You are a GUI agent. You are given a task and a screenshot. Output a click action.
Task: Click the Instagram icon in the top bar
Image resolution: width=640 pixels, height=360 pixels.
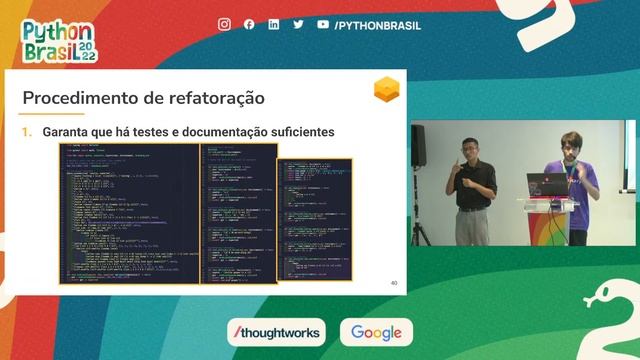coord(224,24)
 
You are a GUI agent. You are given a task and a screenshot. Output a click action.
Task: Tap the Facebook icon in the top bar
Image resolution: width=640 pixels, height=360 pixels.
coord(249,24)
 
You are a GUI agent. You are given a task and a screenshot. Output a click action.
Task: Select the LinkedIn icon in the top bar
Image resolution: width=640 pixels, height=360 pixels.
coord(274,24)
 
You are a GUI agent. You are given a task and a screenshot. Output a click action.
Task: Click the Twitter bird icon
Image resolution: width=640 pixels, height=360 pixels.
coord(298,24)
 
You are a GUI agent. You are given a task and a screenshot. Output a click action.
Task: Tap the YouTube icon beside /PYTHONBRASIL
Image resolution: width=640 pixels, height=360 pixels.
coord(323,24)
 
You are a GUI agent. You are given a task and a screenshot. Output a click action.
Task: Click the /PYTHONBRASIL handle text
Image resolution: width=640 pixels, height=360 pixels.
coord(377,25)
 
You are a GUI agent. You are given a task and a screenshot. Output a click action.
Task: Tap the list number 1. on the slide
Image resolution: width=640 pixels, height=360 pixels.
coord(28,132)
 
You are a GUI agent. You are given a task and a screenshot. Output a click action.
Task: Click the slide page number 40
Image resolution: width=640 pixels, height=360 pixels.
coord(394,284)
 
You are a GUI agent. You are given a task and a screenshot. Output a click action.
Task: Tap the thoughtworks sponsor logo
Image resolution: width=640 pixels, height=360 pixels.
coord(276,332)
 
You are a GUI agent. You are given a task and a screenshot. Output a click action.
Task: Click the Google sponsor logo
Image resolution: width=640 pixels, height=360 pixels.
coord(376,332)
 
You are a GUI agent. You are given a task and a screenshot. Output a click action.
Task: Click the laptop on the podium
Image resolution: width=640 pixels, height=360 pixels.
coord(548,185)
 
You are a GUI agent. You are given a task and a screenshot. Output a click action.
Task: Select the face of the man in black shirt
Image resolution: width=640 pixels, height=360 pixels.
coord(471,150)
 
